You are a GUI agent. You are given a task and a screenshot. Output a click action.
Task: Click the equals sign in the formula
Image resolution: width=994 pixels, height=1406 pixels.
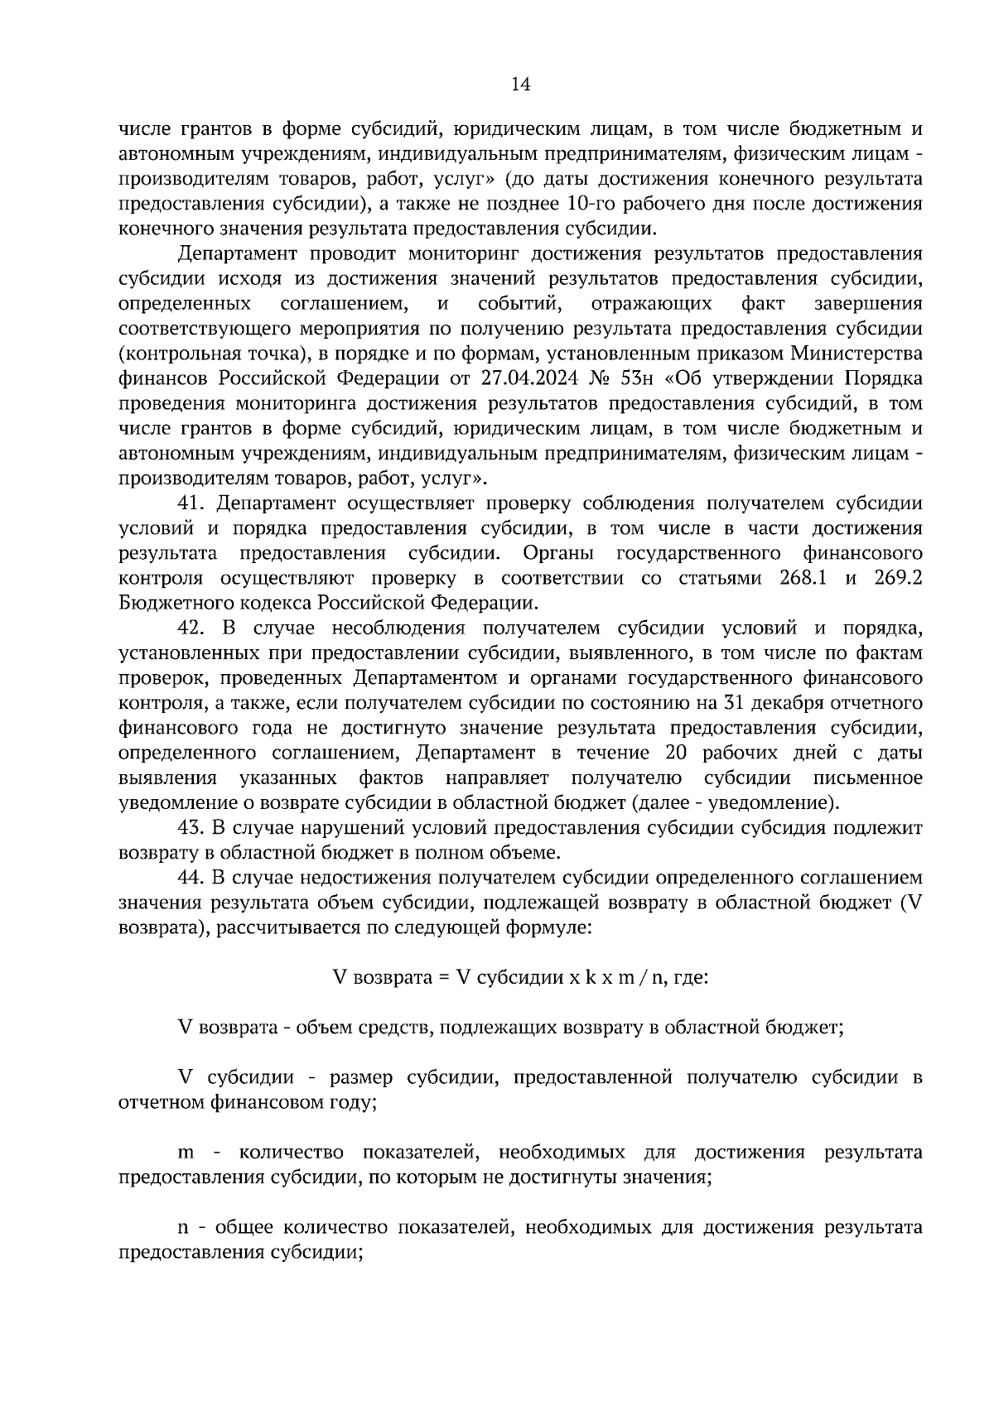(x=444, y=977)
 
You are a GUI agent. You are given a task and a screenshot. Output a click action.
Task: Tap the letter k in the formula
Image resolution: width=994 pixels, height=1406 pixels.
(x=591, y=977)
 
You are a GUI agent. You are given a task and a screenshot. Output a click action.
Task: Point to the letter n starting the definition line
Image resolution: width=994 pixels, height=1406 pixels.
(x=184, y=1228)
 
